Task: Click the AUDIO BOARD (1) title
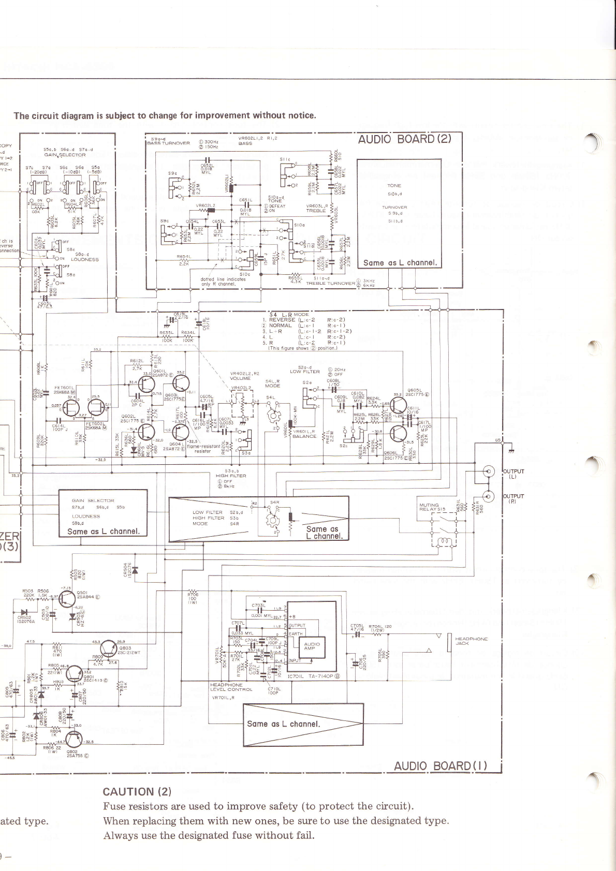440,766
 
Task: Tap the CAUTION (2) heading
137,792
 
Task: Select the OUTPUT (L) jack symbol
488,471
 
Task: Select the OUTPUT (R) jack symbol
488,496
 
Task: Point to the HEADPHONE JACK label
471,641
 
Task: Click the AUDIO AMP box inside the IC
312,646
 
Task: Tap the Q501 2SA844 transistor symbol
67,599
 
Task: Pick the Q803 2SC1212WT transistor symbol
108,647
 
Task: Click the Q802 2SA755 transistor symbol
74,741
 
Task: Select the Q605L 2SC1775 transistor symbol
399,406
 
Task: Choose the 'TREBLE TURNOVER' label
330,283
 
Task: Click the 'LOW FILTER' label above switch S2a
304,371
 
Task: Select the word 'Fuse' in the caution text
114,806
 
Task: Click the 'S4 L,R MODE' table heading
289,314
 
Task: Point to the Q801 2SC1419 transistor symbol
74,674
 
